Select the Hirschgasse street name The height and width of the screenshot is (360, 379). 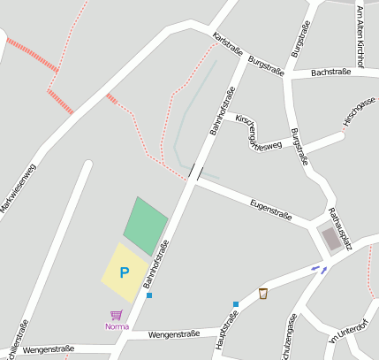(360, 111)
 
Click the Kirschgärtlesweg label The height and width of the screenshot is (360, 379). (258, 131)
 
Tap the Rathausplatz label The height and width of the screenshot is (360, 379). (340, 229)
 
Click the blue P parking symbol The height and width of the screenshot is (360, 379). (125, 273)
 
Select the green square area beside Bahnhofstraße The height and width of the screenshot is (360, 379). (145, 225)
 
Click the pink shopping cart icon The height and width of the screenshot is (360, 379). (116, 315)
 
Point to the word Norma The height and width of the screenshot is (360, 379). (117, 326)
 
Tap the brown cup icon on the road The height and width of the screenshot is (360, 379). (263, 293)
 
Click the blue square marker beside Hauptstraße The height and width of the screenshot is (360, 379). (236, 304)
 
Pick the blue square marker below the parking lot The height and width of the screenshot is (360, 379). (149, 295)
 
